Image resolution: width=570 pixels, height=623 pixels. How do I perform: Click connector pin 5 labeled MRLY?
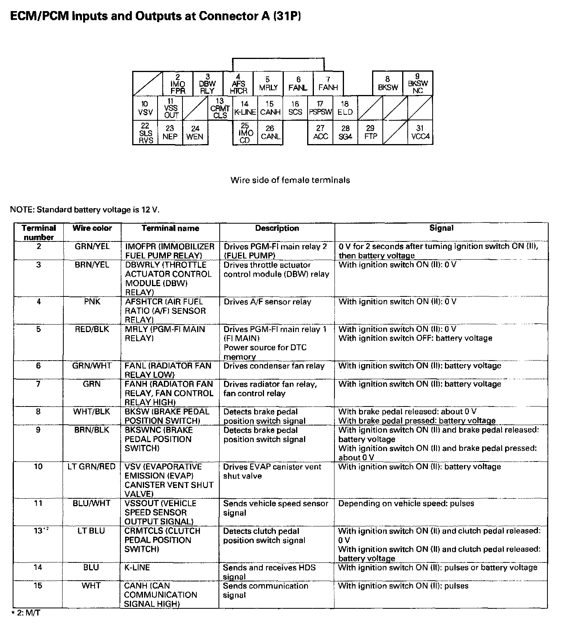pos(268,84)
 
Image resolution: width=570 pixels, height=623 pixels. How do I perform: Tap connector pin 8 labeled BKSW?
pos(388,84)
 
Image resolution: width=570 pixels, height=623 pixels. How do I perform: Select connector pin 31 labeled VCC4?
pos(420,133)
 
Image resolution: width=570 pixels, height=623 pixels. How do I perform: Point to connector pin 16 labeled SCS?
pos(295,108)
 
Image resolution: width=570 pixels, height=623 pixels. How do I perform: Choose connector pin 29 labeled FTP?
pos(370,133)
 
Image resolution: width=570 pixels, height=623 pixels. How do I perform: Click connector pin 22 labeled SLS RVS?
pos(146,133)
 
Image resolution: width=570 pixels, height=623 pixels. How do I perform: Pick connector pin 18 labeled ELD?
pos(345,108)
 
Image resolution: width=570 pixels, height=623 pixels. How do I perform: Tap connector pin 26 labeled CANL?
pos(270,133)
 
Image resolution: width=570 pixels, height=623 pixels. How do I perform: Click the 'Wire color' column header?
pos(92,228)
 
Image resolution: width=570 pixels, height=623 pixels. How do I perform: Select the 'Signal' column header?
pos(441,228)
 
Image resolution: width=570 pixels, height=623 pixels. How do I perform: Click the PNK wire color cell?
pos(92,302)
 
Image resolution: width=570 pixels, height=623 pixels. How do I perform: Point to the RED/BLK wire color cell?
pos(92,329)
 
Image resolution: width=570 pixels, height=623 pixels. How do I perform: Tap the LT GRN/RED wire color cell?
pos(92,467)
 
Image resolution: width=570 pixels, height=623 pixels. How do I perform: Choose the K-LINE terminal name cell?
pos(137,568)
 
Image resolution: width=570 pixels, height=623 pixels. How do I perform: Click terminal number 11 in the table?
pos(38,503)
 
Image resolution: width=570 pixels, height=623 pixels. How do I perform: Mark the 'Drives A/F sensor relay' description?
pos(268,302)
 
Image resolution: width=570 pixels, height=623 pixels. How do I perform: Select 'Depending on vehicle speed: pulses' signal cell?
pos(406,503)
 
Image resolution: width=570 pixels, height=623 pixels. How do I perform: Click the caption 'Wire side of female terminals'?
pos(290,180)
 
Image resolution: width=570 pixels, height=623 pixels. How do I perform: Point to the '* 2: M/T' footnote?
pos(27,614)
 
